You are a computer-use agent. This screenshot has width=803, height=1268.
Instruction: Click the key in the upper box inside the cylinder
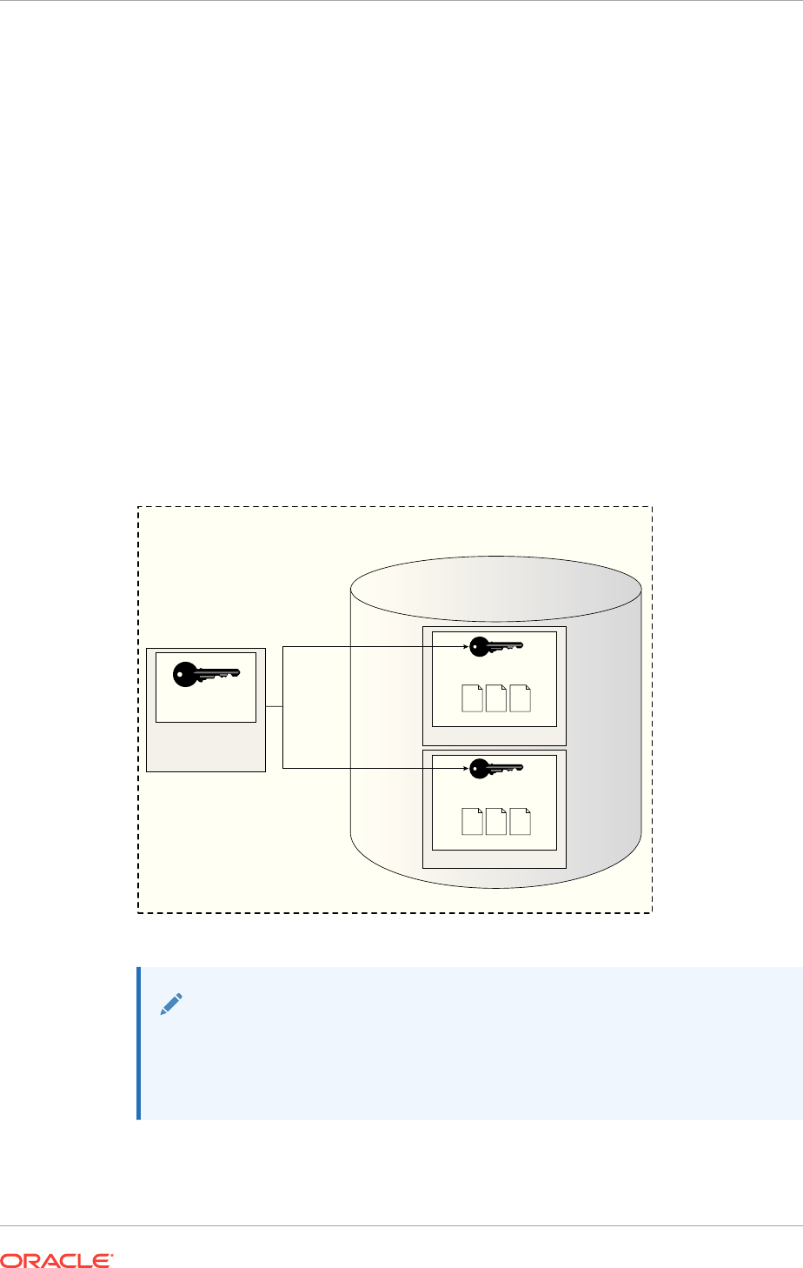(496, 646)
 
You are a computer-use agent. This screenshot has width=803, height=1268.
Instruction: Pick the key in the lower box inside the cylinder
(496, 768)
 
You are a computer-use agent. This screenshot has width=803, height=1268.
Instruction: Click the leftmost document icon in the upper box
(471, 698)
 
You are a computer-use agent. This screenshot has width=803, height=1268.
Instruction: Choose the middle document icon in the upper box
(496, 698)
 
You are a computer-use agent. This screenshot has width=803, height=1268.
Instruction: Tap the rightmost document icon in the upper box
(520, 698)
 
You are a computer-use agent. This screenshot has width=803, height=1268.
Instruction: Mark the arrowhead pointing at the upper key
(465, 646)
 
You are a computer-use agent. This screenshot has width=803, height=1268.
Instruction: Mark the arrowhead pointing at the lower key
(465, 768)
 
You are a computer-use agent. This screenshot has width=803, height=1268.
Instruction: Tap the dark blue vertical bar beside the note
(138, 1043)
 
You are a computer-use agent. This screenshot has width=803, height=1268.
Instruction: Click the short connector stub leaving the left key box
(274, 707)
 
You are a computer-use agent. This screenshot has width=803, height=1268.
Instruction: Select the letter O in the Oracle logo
(10, 1258)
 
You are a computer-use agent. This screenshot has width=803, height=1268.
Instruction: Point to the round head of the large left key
(184, 675)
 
